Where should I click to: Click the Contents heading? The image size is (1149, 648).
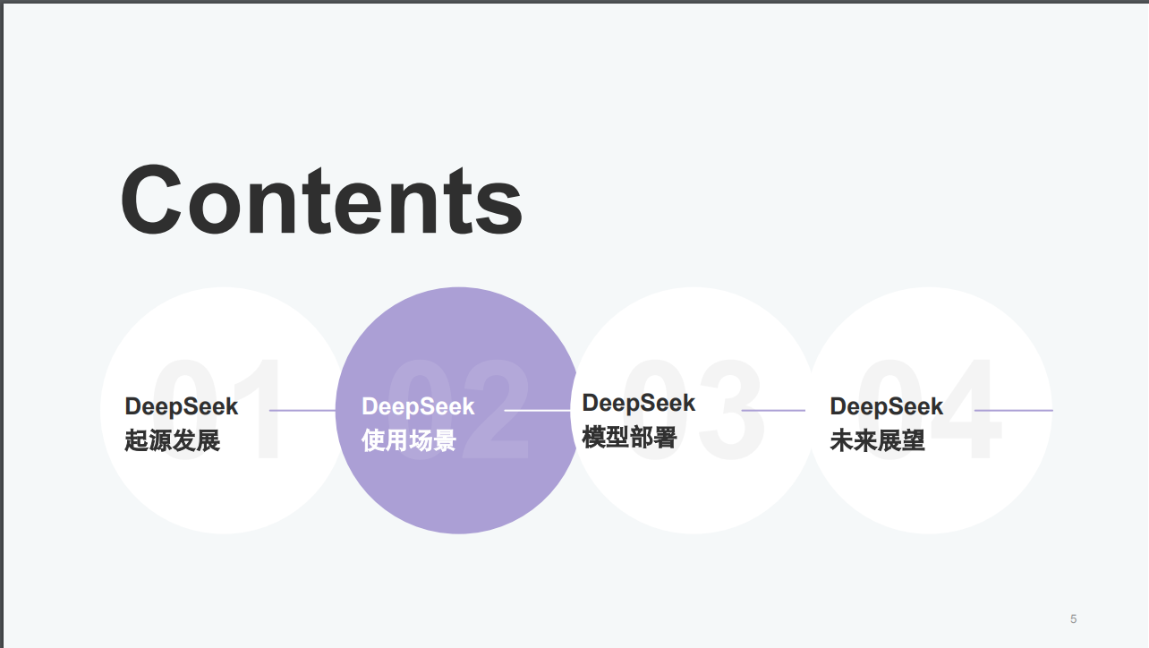(321, 200)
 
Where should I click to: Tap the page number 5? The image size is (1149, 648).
(1073, 618)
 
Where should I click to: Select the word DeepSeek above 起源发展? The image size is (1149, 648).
(181, 407)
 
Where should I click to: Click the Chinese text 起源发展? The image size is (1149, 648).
(173, 440)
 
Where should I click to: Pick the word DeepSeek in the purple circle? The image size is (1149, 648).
(418, 407)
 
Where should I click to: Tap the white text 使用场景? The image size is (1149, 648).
(409, 440)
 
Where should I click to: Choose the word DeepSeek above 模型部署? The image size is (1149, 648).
(639, 404)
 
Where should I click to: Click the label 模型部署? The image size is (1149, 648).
(629, 437)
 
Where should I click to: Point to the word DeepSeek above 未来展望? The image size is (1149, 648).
(887, 407)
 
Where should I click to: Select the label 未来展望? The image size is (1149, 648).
(877, 440)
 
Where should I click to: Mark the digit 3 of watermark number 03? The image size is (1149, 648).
(731, 409)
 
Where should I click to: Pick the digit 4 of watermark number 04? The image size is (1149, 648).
(967, 409)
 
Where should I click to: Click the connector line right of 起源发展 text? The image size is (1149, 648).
(302, 411)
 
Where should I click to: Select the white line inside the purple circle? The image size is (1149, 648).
(537, 411)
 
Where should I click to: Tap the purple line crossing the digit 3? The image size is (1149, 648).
(773, 411)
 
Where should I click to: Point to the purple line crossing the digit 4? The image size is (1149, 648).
(1014, 411)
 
